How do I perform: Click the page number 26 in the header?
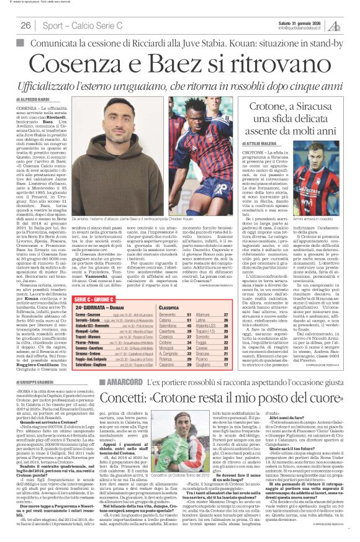point(25,25)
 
